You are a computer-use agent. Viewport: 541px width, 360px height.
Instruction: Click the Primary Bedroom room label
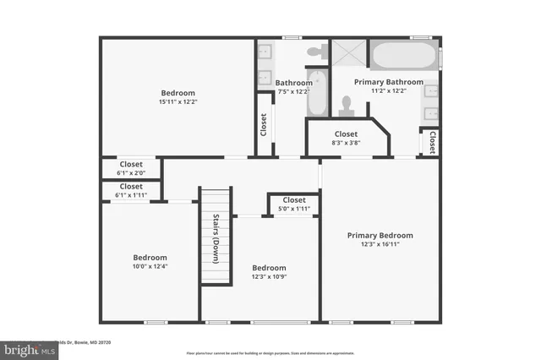coord(380,235)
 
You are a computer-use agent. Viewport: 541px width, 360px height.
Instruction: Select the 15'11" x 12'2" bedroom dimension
coord(178,101)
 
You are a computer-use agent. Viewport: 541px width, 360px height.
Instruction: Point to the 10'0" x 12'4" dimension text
coord(150,267)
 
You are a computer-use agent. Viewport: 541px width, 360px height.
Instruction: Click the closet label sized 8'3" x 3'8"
coord(346,134)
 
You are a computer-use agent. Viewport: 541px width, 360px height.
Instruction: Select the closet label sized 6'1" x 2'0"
coord(131,164)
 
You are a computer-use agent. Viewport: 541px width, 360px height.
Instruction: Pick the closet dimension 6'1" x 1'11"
coord(131,195)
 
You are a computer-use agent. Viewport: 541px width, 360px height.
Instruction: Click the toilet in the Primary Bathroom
coord(344,105)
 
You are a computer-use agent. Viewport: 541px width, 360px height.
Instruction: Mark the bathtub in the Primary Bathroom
coord(404,57)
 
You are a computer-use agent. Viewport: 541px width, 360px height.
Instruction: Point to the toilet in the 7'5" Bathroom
coord(316,52)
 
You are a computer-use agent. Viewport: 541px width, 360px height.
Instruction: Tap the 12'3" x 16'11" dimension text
coord(380,244)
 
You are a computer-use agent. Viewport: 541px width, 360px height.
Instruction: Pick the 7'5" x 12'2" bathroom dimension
coord(294,90)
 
